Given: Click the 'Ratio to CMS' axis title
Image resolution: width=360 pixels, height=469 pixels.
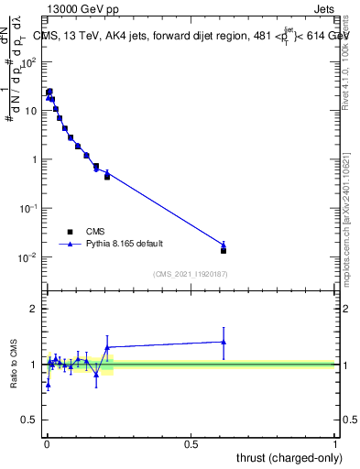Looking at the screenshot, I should [x=16, y=365].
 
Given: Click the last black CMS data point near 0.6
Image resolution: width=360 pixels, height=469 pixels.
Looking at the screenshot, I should [x=224, y=250].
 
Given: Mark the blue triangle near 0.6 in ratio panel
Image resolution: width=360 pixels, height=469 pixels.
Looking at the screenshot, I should [x=224, y=342].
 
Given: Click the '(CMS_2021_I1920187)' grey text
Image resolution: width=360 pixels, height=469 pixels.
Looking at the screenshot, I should [x=191, y=274].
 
